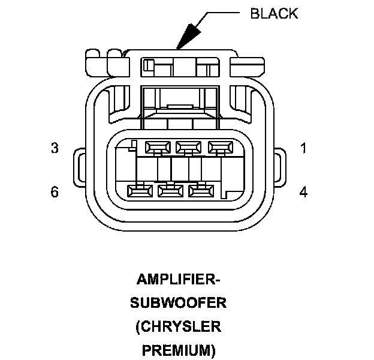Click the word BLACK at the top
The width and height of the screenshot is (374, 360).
(x=273, y=13)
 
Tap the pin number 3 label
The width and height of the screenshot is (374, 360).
(x=55, y=148)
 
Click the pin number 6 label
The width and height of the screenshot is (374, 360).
(x=55, y=192)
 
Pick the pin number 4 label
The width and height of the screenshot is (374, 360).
(x=303, y=192)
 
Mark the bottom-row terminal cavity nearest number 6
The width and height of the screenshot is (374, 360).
(x=140, y=191)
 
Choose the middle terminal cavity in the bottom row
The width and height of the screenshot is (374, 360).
(x=171, y=191)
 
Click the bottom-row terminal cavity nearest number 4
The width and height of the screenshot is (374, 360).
(x=202, y=191)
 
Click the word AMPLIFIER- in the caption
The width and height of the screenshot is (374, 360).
(x=178, y=280)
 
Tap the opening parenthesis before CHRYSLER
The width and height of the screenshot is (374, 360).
(x=138, y=327)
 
